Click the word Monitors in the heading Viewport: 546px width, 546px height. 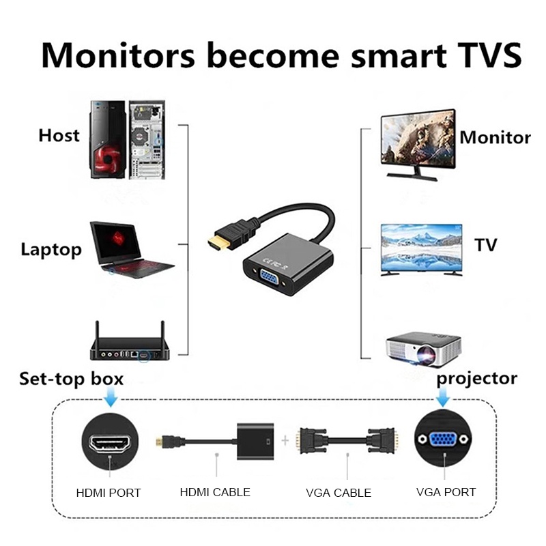click(118, 55)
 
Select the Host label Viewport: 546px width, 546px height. click(59, 135)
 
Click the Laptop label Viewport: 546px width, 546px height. click(51, 250)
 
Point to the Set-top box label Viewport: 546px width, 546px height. click(72, 379)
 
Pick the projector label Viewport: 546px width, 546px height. click(476, 379)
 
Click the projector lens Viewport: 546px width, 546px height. click(426, 355)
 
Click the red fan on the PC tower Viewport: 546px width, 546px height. click(109, 158)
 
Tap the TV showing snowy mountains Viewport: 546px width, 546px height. click(421, 250)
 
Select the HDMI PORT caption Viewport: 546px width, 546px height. click(109, 493)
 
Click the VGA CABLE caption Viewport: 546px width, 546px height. click(339, 493)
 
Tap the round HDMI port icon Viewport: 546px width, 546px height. click(110, 442)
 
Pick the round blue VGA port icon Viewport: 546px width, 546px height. click(443, 439)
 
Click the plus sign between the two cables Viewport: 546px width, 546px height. click(285, 440)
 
